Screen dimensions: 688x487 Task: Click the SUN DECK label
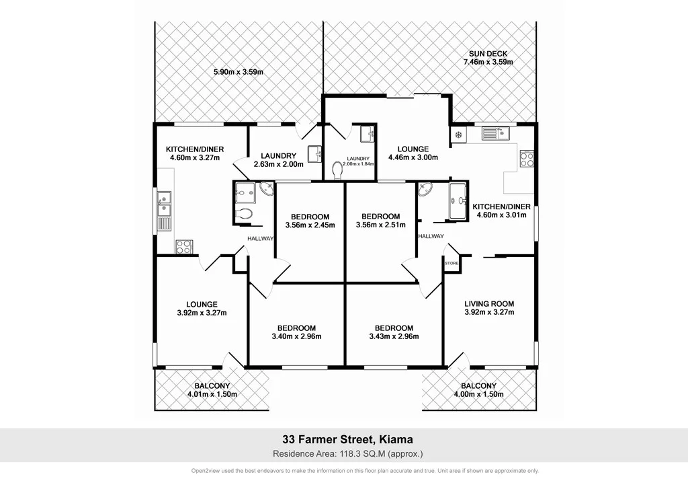[x=488, y=53]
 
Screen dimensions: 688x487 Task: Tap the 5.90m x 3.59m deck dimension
[x=238, y=72]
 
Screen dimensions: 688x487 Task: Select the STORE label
[x=451, y=264]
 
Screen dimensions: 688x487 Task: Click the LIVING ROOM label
[x=489, y=303]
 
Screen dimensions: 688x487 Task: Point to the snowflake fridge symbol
[x=459, y=135]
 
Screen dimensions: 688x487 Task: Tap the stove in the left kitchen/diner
[x=184, y=246]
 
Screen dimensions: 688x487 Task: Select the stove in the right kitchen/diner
[x=527, y=159]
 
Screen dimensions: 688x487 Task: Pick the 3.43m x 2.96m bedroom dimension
[x=394, y=337]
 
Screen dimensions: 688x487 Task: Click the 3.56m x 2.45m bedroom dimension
[x=310, y=225]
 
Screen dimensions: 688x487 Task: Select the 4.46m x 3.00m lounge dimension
[x=413, y=158]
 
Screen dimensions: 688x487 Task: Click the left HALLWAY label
[x=261, y=238]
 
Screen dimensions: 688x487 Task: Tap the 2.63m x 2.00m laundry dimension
[x=278, y=164]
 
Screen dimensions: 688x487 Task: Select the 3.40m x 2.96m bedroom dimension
[x=296, y=337]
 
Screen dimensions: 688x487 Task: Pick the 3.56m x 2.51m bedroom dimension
[x=380, y=225]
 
